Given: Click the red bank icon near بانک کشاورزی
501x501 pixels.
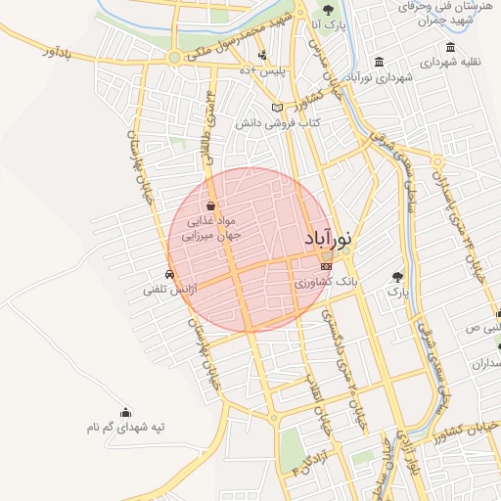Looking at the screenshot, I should [x=326, y=264].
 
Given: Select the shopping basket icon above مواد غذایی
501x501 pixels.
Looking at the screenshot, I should [x=211, y=205].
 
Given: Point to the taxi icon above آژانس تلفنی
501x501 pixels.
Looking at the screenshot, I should [x=171, y=275].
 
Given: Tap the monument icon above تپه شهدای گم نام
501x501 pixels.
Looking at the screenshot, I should [x=125, y=412].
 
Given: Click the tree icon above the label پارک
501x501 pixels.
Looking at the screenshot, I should [x=396, y=277].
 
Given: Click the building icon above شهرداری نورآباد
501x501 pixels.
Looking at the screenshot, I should [x=379, y=61].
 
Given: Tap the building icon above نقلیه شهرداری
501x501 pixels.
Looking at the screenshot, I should [x=450, y=47].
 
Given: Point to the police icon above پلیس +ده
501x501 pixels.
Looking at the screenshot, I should [x=262, y=55].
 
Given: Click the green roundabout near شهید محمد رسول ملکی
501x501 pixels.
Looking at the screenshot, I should [x=174, y=58].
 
